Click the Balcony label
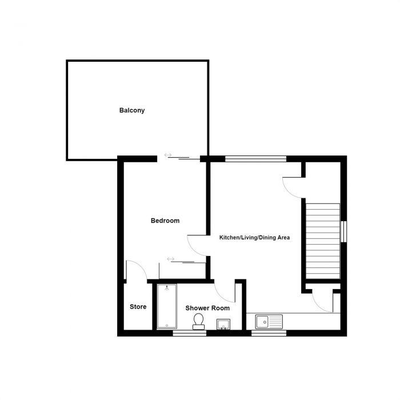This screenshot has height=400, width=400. point(131,110)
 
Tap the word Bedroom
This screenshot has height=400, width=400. point(165,221)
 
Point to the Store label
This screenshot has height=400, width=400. point(138,307)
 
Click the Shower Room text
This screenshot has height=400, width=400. point(207,308)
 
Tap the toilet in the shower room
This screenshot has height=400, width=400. point(199,321)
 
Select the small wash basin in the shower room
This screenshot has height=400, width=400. point(223,325)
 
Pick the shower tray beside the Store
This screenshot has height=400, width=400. point(166,306)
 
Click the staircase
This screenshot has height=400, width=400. point(323,239)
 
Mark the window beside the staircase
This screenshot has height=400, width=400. point(345,231)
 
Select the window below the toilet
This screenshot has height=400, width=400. point(189,333)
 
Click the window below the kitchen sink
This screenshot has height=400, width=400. point(261,333)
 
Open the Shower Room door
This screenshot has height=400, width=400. point(226,291)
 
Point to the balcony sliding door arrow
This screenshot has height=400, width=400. point(168,154)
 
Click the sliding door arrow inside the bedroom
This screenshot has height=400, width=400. point(170,259)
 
